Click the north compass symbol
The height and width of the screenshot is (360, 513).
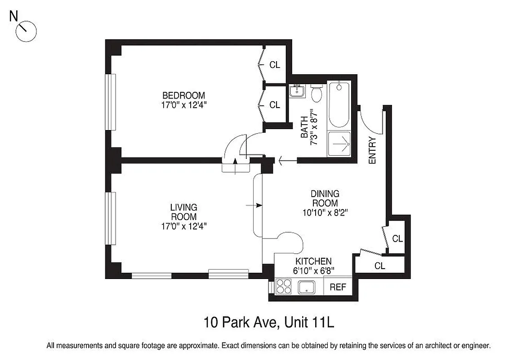[x=26, y=31]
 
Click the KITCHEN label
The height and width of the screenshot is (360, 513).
[x=313, y=261]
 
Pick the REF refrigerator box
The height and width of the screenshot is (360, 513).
[x=338, y=287]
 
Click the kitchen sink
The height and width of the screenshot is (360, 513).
[x=308, y=287]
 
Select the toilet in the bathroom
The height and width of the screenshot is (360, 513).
[x=317, y=94]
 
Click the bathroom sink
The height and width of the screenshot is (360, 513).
[x=297, y=91]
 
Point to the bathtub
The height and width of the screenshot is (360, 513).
[x=338, y=105]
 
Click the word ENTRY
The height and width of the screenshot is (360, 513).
[x=372, y=150]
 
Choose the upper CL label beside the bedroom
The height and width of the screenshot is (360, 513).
[x=275, y=65]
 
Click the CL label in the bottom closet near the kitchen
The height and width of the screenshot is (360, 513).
[x=380, y=266]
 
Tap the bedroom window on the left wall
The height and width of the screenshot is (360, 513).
[x=111, y=102]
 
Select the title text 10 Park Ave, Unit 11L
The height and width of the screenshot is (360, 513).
[x=269, y=323]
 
